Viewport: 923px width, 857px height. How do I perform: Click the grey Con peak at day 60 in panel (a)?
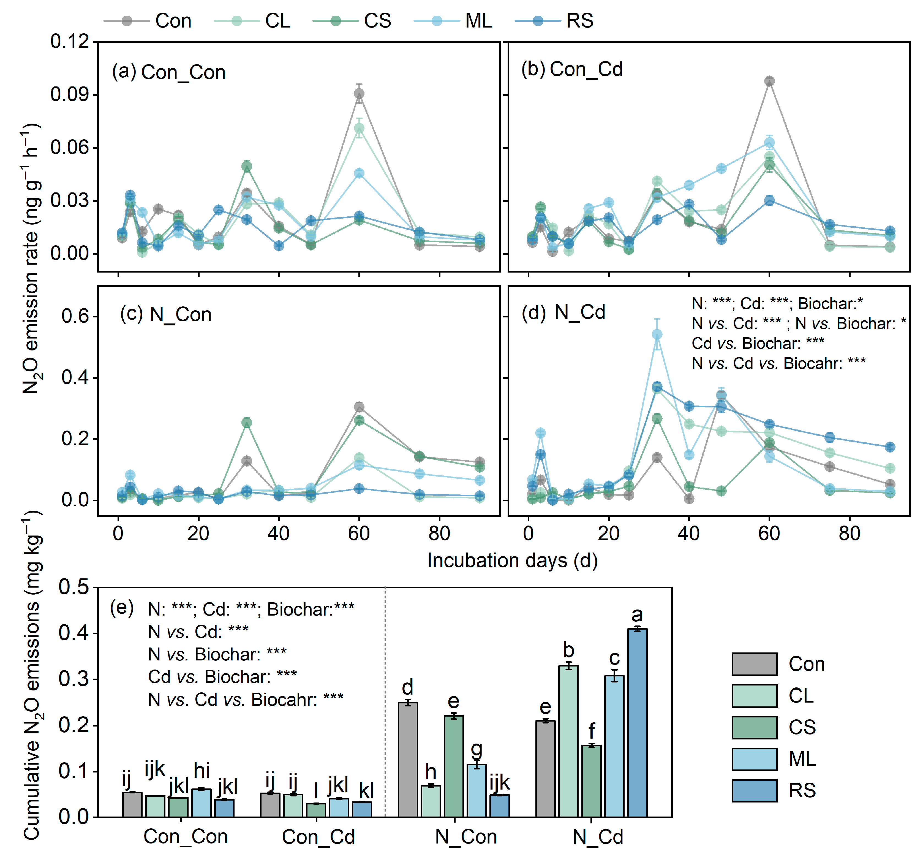[x=359, y=94]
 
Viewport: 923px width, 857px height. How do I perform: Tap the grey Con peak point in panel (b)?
[x=769, y=81]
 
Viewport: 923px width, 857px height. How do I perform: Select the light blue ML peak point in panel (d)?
[x=657, y=334]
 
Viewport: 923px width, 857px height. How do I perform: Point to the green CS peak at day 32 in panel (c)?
[x=247, y=423]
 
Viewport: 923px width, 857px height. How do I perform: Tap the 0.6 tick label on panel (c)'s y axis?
[x=75, y=317]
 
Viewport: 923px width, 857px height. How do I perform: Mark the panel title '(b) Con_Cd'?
[x=571, y=70]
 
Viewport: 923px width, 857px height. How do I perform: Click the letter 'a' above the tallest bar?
[x=637, y=615]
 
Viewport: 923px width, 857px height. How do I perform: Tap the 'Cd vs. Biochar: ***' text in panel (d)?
[x=758, y=343]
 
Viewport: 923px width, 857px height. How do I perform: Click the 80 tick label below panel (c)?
[x=439, y=534]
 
